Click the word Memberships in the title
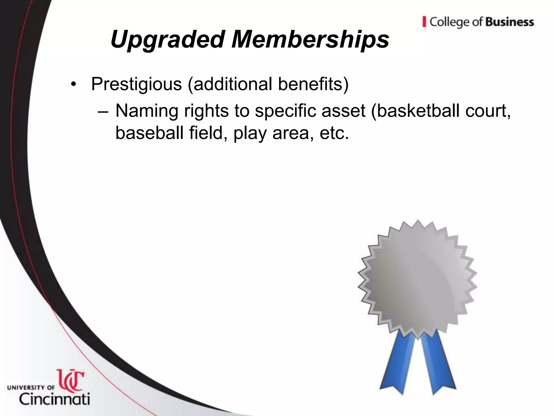310,40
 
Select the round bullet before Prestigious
72,84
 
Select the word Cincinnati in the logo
54,399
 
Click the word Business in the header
510,22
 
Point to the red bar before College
424,22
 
